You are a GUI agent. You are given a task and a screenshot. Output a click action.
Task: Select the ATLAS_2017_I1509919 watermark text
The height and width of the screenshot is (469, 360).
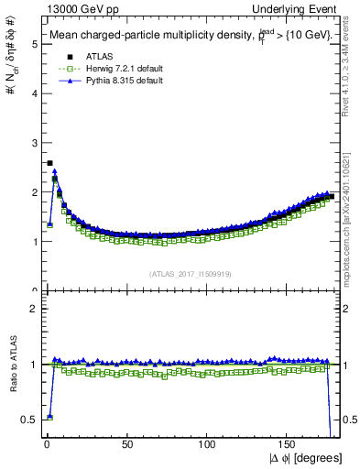pos(189,272)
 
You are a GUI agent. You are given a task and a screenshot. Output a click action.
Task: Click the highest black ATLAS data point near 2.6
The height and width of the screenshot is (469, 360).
pos(49,163)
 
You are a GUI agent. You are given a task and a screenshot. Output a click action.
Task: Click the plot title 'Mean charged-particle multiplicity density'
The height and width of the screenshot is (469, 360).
pos(156,34)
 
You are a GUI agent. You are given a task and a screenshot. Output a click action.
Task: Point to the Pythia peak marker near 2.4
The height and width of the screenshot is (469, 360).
pos(55,171)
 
